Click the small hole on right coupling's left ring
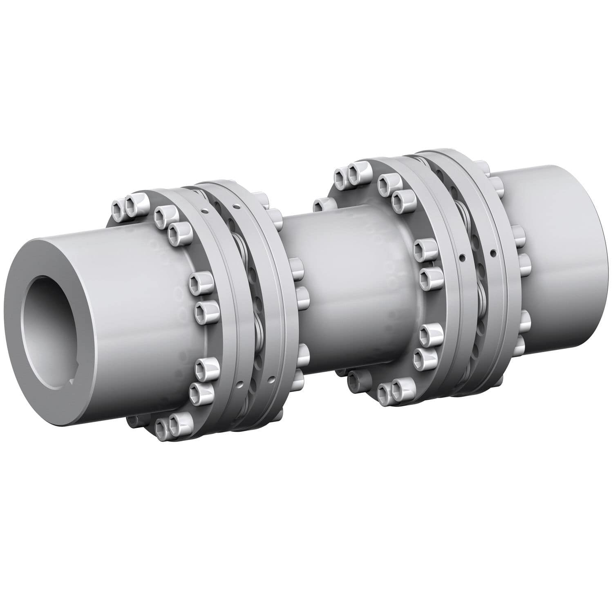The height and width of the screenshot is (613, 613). [462, 257]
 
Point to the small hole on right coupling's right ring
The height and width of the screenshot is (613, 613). [493, 252]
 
